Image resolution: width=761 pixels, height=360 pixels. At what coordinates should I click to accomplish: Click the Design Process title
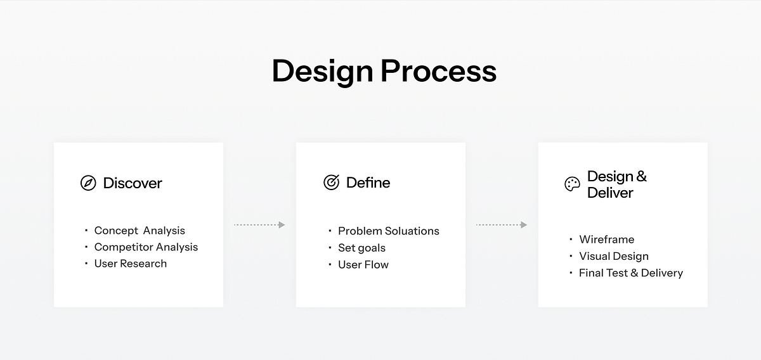(384, 71)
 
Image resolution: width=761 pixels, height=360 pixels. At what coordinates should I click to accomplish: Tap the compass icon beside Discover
(88, 183)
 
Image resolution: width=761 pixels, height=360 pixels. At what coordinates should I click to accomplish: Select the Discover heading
(133, 183)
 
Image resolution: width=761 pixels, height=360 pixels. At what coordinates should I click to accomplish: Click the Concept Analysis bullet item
(140, 231)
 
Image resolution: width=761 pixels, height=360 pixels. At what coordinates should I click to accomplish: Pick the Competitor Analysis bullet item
(146, 247)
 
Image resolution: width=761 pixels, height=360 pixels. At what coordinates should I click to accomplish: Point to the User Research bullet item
(130, 264)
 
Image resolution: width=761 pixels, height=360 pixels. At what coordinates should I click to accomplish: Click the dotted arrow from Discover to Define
(259, 224)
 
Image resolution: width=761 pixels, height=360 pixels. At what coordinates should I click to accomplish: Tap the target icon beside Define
(331, 183)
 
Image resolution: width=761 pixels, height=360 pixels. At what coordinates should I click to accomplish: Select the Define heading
(368, 183)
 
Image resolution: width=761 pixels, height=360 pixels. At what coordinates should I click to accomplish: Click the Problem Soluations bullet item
(388, 231)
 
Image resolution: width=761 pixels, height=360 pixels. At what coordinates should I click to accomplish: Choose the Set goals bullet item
(361, 248)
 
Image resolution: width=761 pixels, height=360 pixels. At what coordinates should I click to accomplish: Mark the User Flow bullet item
(363, 264)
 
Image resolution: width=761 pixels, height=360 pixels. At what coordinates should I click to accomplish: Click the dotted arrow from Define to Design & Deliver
(502, 224)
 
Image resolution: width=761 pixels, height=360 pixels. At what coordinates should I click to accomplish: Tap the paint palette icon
(572, 184)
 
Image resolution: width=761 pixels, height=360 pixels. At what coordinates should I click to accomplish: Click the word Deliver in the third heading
(610, 193)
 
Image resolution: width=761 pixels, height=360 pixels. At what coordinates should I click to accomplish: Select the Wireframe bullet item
(606, 240)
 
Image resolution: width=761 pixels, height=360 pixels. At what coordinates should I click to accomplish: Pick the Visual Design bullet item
(613, 256)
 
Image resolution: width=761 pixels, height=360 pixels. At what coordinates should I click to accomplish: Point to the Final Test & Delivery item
(630, 273)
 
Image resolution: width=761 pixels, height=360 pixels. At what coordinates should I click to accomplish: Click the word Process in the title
(439, 71)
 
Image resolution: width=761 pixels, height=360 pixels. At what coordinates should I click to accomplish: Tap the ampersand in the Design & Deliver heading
(641, 176)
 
